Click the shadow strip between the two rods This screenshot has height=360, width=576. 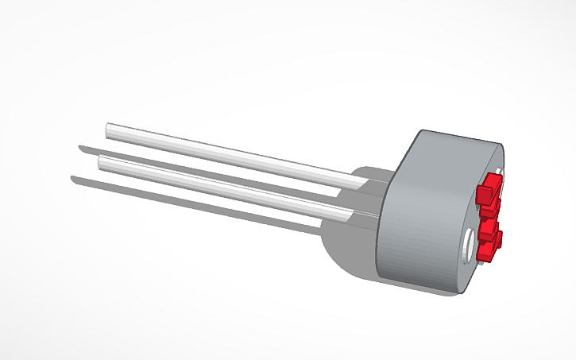pos(199,167)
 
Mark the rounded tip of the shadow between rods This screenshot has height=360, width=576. pos(80,147)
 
